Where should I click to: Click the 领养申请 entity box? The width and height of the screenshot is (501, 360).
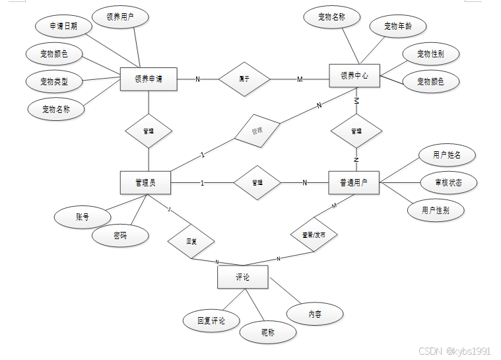coord(148,79)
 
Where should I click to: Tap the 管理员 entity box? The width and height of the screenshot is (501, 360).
coord(145,182)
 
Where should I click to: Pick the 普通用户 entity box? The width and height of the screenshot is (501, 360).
coord(354,182)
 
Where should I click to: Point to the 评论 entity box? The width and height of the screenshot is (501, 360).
coord(242,277)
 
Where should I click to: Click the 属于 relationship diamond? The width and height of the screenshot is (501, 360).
coord(244,79)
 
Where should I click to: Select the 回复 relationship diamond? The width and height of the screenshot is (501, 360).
coord(191,242)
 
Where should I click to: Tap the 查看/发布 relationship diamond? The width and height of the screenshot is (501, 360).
coord(314,234)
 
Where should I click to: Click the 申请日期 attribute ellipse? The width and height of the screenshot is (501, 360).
coord(63,26)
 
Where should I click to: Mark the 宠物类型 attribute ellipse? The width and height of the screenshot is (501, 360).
coord(53,82)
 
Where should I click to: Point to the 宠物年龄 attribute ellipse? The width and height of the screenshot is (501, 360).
coord(399,26)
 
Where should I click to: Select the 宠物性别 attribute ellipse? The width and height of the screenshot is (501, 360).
coord(430,54)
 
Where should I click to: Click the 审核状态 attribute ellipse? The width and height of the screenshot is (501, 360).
coord(447,182)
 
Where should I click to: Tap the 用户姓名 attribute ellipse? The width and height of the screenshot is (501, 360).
coord(447,155)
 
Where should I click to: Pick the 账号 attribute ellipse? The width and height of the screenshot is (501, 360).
coord(82,216)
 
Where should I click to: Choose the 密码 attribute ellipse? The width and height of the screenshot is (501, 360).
coord(119,236)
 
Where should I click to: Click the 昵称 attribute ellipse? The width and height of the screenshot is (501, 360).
coord(267,332)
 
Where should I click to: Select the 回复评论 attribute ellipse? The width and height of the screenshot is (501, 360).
coord(211,321)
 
